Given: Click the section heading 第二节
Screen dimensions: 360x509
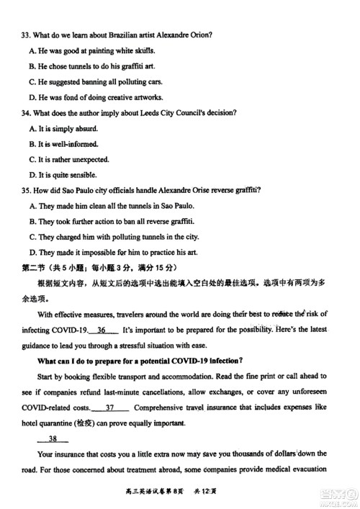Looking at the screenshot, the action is pos(33,268).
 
